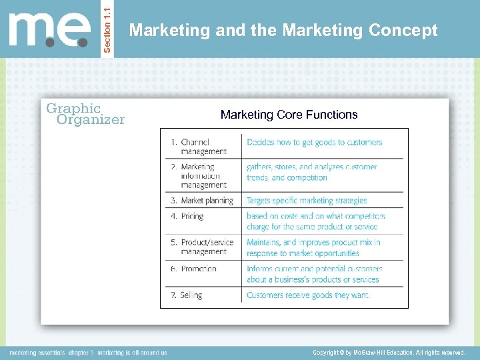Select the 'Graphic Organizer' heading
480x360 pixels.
click(85, 114)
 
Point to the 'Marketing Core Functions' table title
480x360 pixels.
click(289, 115)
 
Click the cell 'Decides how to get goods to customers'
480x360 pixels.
click(314, 142)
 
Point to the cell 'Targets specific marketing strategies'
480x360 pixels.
click(307, 201)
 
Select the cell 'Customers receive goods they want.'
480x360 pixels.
click(307, 295)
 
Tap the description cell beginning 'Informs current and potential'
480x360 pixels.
click(314, 274)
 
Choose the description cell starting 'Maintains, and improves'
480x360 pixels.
click(313, 247)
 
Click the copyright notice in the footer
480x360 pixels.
click(389, 352)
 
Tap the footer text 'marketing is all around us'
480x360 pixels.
click(133, 352)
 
